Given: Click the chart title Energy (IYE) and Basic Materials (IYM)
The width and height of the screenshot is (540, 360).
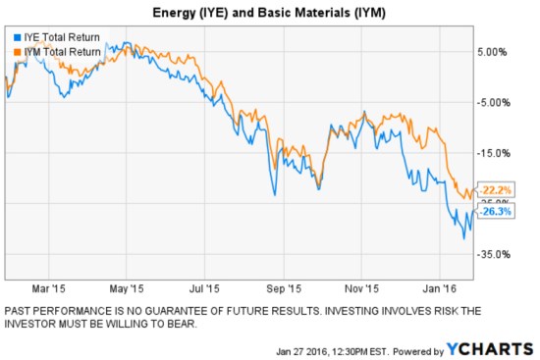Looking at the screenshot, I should (x=269, y=14).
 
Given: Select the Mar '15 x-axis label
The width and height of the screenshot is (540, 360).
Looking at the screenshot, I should (x=48, y=289).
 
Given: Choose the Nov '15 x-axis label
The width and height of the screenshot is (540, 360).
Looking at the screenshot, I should (x=362, y=289).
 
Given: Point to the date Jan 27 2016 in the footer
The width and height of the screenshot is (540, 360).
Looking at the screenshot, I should (x=295, y=350).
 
